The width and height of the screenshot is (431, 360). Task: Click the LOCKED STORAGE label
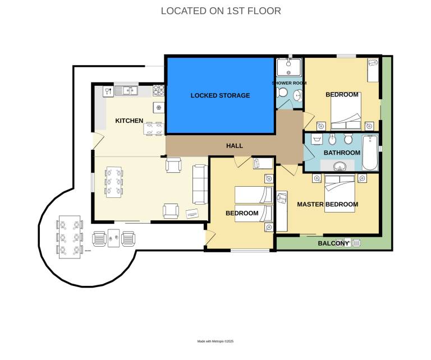pyautogui.click(x=220, y=95)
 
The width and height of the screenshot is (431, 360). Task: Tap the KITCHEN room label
pyautogui.click(x=129, y=121)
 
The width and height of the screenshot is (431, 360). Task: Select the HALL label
pyautogui.click(x=235, y=146)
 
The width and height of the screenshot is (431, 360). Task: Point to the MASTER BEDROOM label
pyautogui.click(x=328, y=204)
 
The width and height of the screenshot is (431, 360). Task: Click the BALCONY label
pyautogui.click(x=333, y=243)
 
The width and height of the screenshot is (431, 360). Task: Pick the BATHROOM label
pyautogui.click(x=342, y=153)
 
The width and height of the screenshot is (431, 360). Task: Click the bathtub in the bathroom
pyautogui.click(x=370, y=153)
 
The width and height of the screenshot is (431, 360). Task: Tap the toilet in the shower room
pyautogui.click(x=281, y=93)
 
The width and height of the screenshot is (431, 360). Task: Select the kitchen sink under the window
pyautogui.click(x=126, y=90)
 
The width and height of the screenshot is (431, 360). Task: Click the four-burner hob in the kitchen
pyautogui.click(x=159, y=90)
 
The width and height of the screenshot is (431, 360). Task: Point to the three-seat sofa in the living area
pyautogui.click(x=200, y=184)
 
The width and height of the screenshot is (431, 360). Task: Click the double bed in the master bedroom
pyautogui.click(x=340, y=193)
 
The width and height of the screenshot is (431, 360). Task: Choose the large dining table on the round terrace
pyautogui.click(x=70, y=237)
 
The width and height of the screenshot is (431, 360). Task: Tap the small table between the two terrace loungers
pyautogui.click(x=113, y=238)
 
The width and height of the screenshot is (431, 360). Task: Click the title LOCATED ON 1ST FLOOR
pyautogui.click(x=221, y=11)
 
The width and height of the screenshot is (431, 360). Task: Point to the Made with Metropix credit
pyautogui.click(x=215, y=341)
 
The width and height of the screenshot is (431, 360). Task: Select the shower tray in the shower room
pyautogui.click(x=289, y=67)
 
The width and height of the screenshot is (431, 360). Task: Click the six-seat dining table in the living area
pyautogui.click(x=114, y=182)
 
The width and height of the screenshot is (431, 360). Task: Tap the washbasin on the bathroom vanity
pyautogui.click(x=340, y=166)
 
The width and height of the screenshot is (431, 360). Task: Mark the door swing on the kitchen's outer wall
pyautogui.click(x=98, y=141)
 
